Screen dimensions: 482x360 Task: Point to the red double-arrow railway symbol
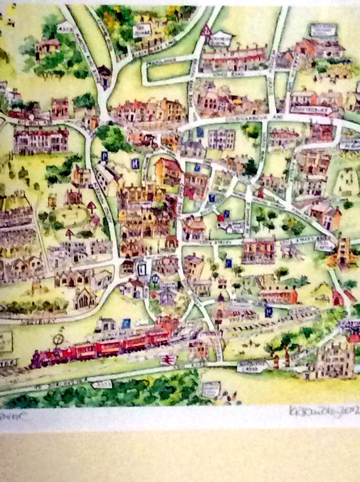coord(167,360)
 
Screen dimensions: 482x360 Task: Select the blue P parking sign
coord(104,156)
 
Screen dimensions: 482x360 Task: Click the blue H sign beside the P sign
coord(135,163)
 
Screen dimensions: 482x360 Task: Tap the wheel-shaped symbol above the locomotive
coord(59,339)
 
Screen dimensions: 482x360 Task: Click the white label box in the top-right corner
coord(323,30)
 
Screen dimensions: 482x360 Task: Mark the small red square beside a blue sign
coord(221,218)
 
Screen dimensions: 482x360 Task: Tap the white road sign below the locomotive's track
coord(102,384)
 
